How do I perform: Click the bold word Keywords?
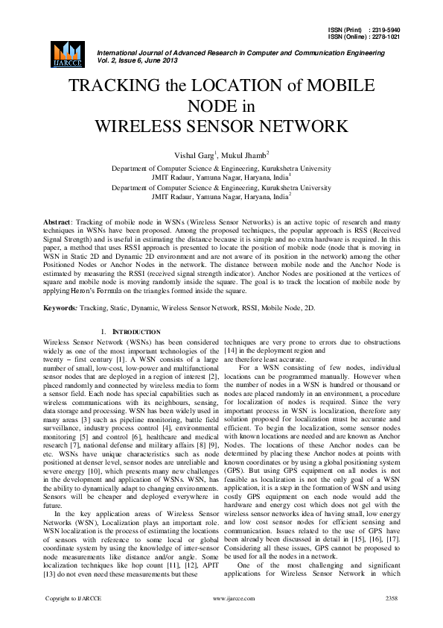tap(60, 307)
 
